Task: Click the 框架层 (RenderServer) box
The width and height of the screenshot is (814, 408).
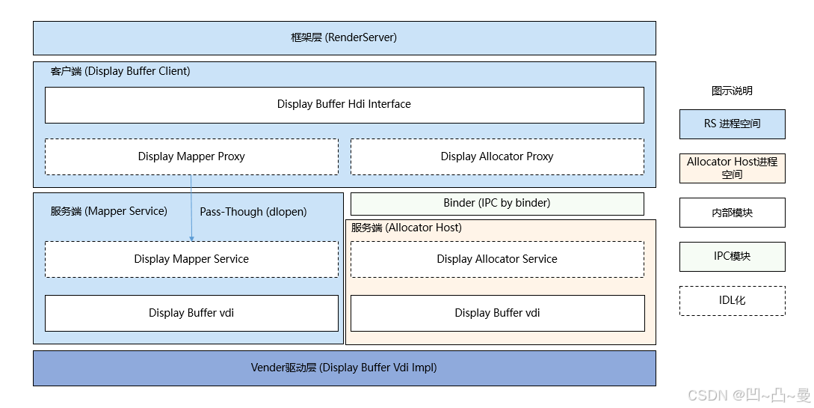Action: (344, 37)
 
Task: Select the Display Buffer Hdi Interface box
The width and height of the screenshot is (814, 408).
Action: (344, 104)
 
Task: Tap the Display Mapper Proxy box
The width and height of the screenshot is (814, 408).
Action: (191, 156)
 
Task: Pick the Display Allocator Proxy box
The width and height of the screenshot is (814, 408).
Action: (497, 156)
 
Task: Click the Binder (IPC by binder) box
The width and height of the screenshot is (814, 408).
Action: (497, 203)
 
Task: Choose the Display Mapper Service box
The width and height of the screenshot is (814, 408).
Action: (191, 259)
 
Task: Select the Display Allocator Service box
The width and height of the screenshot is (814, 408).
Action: (497, 259)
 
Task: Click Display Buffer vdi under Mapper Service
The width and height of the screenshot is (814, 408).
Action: (191, 313)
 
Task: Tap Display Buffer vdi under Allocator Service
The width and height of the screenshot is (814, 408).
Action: (497, 313)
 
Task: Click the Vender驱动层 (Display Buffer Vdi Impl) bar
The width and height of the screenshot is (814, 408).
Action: (344, 368)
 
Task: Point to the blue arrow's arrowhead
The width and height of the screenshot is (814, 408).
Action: (191, 238)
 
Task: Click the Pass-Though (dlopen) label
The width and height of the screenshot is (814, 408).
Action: (253, 212)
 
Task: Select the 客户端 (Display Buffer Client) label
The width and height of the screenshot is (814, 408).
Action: (120, 71)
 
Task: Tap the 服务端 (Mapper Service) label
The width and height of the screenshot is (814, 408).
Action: (109, 211)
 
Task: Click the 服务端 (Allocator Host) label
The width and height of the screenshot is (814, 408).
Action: (407, 228)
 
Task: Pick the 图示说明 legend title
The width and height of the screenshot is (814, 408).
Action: (732, 91)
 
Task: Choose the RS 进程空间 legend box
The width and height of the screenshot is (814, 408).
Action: (732, 124)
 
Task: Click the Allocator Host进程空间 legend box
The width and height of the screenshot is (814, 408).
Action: (732, 168)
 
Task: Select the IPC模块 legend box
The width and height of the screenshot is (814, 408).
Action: (732, 256)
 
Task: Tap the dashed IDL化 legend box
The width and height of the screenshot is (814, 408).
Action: (732, 300)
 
